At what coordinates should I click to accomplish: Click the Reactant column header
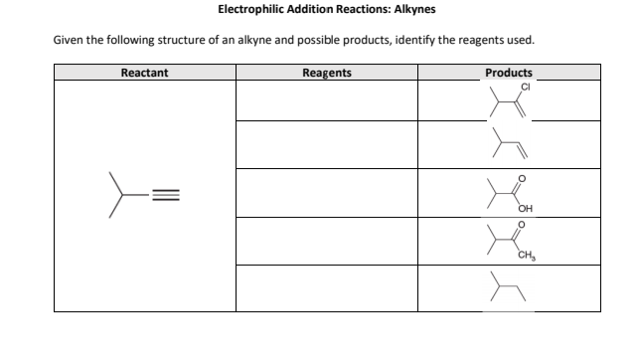pyautogui.click(x=143, y=73)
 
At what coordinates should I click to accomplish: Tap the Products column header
pyautogui.click(x=508, y=73)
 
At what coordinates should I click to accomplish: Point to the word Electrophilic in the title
pyautogui.click(x=250, y=10)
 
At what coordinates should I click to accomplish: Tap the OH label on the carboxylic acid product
pyautogui.click(x=524, y=209)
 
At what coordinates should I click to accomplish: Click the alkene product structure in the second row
pyautogui.click(x=508, y=146)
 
